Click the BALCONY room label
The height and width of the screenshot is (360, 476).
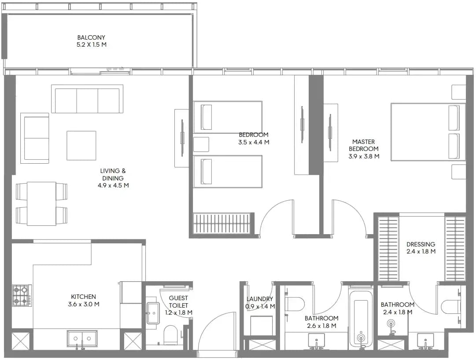[91, 37]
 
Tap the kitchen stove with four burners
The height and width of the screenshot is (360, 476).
[22, 295]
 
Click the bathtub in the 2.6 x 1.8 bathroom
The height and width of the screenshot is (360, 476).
[361, 319]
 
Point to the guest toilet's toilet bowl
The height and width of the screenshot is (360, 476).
[170, 335]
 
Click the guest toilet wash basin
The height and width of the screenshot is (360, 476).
[153, 313]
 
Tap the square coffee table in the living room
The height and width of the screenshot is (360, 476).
[81, 145]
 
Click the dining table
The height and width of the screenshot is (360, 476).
[41, 203]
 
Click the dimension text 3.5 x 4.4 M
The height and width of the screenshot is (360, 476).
[254, 142]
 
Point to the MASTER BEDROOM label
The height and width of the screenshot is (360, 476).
[364, 145]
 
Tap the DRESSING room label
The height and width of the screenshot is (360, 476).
[421, 244]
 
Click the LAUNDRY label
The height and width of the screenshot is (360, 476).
[259, 299]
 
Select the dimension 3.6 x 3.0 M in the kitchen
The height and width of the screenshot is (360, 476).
[84, 304]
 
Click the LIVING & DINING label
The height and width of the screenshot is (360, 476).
[113, 174]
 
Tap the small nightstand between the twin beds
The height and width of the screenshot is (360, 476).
[201, 144]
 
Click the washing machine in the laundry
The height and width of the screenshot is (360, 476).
[262, 325]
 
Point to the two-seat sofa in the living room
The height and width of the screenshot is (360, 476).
[35, 136]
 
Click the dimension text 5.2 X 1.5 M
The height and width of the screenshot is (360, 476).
[92, 44]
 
